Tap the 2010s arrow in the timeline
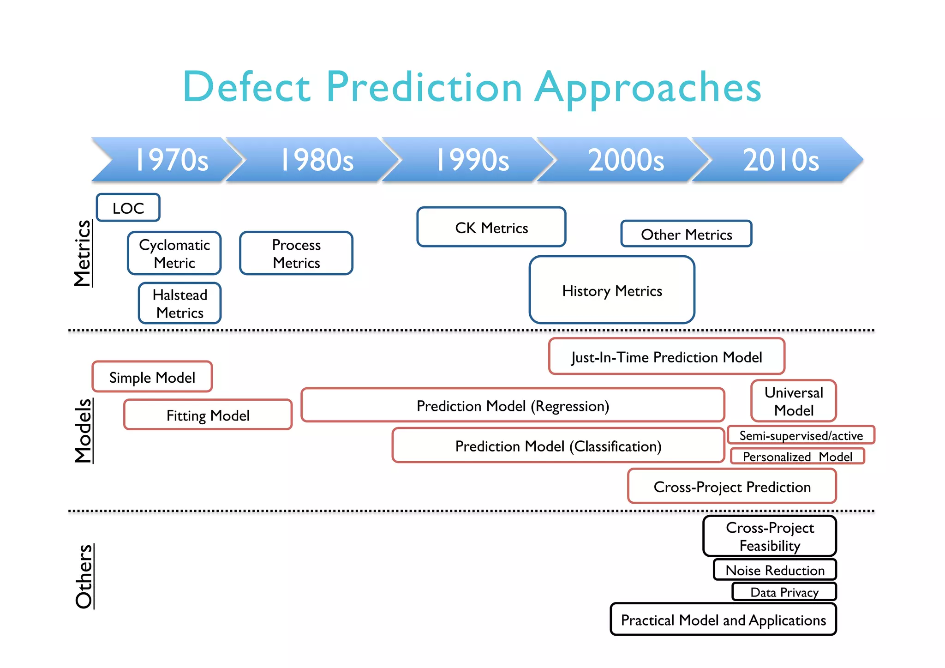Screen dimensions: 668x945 (780, 160)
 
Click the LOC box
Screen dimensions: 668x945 (128, 208)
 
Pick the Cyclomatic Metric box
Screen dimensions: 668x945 (174, 253)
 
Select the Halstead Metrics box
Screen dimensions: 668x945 (180, 303)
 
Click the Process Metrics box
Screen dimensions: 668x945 (296, 253)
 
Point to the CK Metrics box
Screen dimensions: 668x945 (491, 227)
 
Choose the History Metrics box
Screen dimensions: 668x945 (612, 290)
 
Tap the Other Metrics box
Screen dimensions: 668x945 (686, 234)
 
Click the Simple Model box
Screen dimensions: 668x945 (152, 377)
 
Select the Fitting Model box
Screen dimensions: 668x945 (208, 415)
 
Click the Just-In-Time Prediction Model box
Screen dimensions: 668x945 (666, 356)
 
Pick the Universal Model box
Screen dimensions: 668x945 (794, 401)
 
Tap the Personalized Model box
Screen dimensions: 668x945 (797, 456)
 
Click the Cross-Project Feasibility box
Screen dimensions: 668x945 (770, 536)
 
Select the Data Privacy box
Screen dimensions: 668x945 (784, 592)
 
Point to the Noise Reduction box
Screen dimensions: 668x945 (775, 570)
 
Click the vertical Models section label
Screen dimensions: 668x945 (84, 430)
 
